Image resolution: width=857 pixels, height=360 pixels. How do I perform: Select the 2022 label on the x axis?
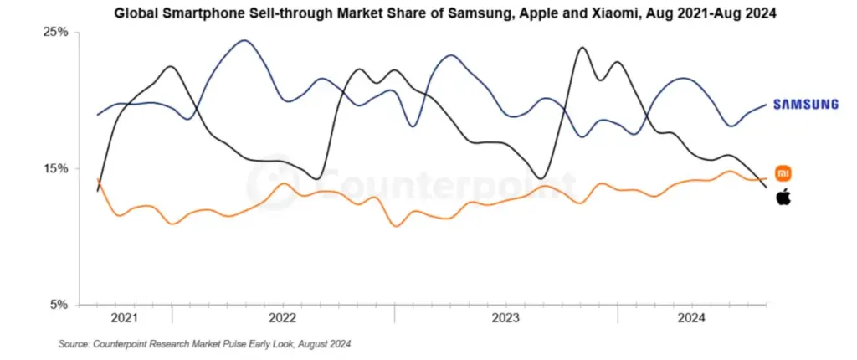[283, 318]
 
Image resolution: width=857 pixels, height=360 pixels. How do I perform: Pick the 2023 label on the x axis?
[505, 318]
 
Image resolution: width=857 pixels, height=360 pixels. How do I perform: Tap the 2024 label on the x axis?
[691, 318]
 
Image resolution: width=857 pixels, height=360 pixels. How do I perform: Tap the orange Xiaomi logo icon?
[783, 173]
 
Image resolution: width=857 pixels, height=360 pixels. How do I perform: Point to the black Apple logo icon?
[783, 198]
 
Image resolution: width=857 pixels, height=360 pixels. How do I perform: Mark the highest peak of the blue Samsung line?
[244, 40]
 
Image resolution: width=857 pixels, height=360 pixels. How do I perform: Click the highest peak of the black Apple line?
[582, 48]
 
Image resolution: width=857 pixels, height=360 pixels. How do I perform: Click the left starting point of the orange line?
[98, 179]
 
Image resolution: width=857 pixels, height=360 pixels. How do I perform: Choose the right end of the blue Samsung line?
[767, 105]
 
